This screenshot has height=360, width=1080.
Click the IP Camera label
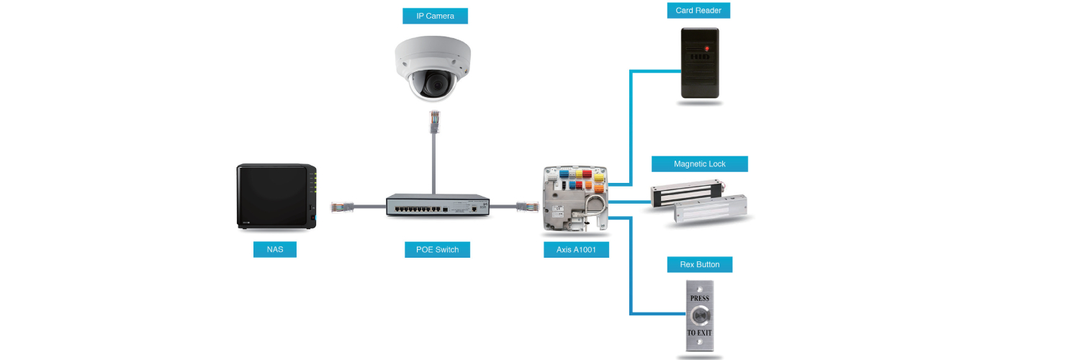click(x=435, y=16)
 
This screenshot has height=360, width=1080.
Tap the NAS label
click(x=275, y=250)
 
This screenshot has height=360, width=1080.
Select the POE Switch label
click(x=437, y=250)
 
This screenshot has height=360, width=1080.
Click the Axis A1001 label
click(x=576, y=250)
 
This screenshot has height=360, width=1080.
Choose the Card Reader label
click(x=698, y=10)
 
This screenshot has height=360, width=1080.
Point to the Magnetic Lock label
click(x=699, y=164)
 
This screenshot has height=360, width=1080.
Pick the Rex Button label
click(x=699, y=264)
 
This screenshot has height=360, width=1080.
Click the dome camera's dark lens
click(x=432, y=84)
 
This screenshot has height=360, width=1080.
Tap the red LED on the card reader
click(x=706, y=48)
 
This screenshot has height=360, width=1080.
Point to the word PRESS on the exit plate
click(x=699, y=298)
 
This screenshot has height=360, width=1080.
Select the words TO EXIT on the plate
click(x=699, y=333)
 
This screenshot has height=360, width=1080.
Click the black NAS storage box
click(x=276, y=197)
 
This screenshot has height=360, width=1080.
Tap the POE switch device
click(x=437, y=205)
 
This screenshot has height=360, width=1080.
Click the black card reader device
click(x=700, y=63)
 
